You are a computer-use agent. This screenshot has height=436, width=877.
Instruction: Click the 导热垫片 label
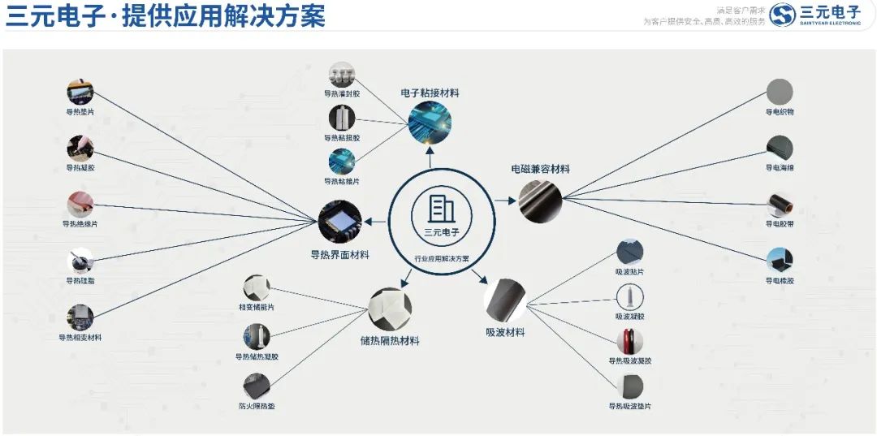pyautogui.click(x=80, y=112)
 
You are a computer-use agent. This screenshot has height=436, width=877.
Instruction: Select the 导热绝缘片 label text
pyautogui.click(x=80, y=224)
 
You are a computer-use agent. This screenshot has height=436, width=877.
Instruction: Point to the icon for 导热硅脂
pyautogui.click(x=80, y=261)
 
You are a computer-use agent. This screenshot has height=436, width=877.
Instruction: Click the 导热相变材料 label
pyautogui.click(x=80, y=337)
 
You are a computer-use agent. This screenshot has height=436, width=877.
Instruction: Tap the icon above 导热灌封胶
pyautogui.click(x=342, y=74)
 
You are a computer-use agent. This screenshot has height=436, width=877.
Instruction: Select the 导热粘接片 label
pyautogui.click(x=342, y=181)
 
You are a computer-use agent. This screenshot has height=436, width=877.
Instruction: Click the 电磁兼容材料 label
pyautogui.click(x=540, y=169)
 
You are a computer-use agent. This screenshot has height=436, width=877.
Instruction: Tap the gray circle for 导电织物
pyautogui.click(x=780, y=91)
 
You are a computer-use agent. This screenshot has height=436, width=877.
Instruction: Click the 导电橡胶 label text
pyautogui.click(x=780, y=281)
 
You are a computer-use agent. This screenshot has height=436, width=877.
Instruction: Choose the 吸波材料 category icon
pyautogui.click(x=505, y=300)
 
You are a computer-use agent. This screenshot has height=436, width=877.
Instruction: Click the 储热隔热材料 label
pyautogui.click(x=390, y=341)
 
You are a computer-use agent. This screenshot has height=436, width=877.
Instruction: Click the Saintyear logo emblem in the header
pyautogui.click(x=782, y=15)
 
